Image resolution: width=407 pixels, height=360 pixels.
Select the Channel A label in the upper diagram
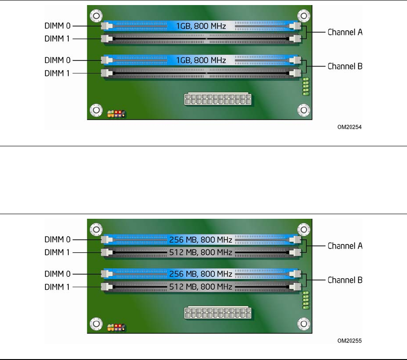click(345, 33)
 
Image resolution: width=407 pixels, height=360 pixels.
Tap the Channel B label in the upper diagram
click(345, 66)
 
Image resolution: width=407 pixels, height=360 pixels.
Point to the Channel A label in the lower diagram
click(345, 246)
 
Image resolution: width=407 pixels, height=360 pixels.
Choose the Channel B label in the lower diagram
click(345, 279)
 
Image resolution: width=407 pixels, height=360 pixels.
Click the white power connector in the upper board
click(218, 100)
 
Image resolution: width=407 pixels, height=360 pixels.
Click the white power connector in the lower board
click(218, 314)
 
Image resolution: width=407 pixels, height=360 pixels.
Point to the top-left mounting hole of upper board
click(96, 16)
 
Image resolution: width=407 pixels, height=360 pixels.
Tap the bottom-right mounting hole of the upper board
click(303, 110)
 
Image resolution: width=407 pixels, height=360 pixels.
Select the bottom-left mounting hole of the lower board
click(96, 323)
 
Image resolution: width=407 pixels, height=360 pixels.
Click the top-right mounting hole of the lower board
click(303, 229)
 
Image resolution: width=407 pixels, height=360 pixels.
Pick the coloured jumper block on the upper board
click(117, 113)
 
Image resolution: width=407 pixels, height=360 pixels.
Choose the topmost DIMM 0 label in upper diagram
click(58, 27)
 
